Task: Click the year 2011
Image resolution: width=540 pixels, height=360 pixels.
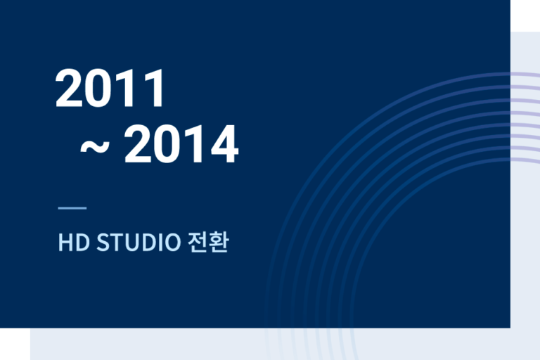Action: [110, 88]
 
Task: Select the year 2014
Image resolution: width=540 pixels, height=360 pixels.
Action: [181, 144]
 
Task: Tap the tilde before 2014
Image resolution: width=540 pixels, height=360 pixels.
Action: [95, 146]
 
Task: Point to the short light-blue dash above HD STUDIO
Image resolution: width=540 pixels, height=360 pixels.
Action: [72, 207]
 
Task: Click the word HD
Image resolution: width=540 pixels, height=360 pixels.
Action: [74, 242]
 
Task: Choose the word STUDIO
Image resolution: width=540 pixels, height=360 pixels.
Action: [139, 242]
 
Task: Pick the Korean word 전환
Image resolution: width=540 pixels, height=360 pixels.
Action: [208, 242]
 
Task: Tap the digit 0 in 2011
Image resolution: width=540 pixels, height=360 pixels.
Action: [98, 88]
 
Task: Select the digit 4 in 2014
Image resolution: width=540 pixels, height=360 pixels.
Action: [225, 144]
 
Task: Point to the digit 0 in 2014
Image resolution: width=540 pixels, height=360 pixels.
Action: [167, 144]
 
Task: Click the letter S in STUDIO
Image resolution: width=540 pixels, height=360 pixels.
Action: [103, 242]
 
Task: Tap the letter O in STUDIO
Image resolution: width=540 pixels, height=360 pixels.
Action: [172, 242]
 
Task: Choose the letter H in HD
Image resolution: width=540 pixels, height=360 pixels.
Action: [65, 242]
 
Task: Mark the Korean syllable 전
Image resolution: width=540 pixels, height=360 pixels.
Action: [198, 242]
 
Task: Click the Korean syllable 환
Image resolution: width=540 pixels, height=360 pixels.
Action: [219, 242]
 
